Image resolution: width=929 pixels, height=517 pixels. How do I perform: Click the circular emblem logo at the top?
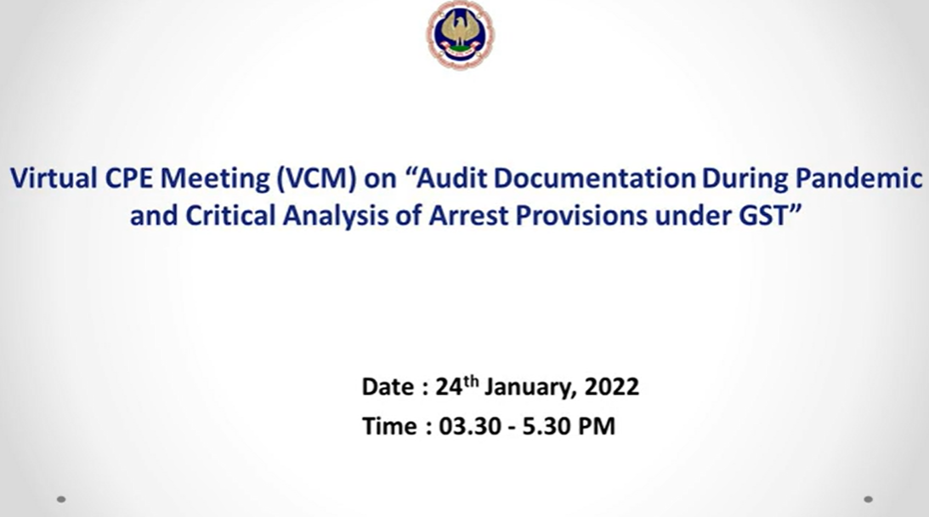[461, 34]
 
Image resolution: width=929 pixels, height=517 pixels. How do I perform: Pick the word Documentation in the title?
[595, 178]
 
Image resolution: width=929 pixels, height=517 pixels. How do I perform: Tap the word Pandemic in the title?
[858, 178]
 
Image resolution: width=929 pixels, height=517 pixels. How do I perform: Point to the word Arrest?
[468, 215]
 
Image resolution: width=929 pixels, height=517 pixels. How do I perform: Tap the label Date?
[388, 387]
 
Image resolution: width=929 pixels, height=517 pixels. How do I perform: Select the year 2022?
[612, 387]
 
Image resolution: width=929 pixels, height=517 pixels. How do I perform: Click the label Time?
[389, 426]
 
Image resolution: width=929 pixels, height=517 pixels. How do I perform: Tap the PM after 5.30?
[596, 426]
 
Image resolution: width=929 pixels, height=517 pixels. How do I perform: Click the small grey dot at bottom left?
[61, 499]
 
